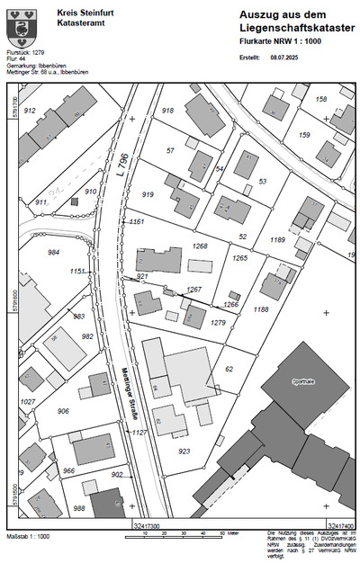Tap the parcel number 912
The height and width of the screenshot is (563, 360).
(30, 111)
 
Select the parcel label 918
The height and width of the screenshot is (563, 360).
(167, 111)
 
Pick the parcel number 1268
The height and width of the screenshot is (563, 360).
(201, 246)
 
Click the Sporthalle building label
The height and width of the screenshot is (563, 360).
(303, 381)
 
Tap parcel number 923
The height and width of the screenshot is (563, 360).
(184, 451)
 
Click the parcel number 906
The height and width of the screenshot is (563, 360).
(62, 411)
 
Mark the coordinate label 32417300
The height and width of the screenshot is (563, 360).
(146, 524)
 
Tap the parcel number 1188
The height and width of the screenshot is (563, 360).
(261, 309)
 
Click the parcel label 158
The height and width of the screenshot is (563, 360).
(321, 98)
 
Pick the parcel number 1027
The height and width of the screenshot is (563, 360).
(28, 401)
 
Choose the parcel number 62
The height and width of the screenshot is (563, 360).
(229, 369)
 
